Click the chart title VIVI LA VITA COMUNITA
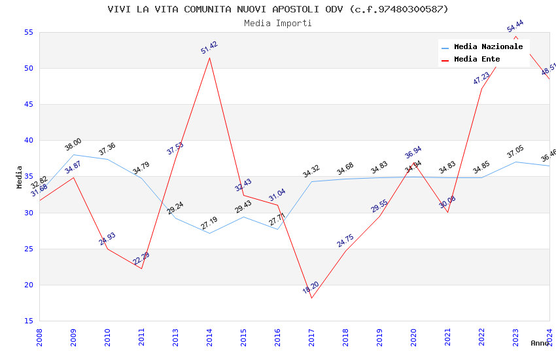[x=278, y=9]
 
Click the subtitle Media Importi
[x=278, y=23]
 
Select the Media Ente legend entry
[x=477, y=60]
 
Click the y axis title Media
[x=20, y=177]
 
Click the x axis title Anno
[x=540, y=343]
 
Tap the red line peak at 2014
[x=209, y=58]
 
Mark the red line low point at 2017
[x=311, y=298]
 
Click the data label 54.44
[x=515, y=26]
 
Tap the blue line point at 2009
[x=73, y=154]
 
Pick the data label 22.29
[x=141, y=259]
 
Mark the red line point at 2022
[x=481, y=88]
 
